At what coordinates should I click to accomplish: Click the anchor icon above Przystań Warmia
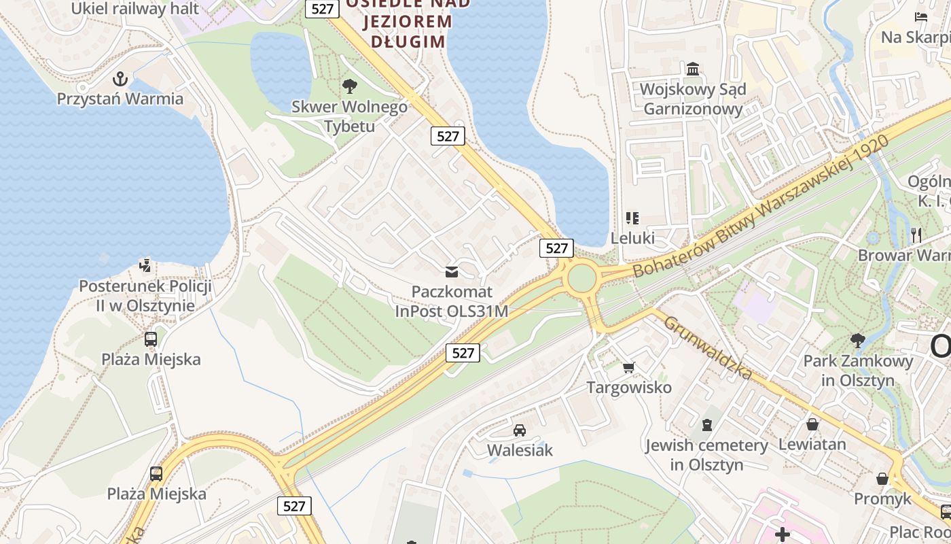(x=120, y=79)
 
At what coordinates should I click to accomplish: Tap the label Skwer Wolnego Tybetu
(x=349, y=116)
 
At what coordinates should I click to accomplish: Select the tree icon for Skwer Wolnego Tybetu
(x=350, y=86)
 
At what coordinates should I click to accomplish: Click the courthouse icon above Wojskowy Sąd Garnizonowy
(x=693, y=69)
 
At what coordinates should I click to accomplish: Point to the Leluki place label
(x=632, y=238)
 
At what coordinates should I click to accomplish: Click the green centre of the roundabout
(x=581, y=278)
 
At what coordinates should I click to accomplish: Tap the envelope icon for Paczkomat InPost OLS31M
(x=452, y=272)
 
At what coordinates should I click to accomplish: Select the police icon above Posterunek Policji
(x=145, y=265)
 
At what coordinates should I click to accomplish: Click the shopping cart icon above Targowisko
(x=629, y=367)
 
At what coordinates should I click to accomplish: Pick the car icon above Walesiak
(x=520, y=430)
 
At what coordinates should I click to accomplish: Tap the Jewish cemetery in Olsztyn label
(x=706, y=455)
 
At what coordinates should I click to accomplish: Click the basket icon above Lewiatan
(x=812, y=424)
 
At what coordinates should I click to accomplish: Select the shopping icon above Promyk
(x=882, y=479)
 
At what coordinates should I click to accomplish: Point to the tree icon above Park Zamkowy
(x=858, y=340)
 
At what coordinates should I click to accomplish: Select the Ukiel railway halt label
(x=135, y=9)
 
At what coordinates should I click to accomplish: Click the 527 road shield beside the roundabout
(x=556, y=248)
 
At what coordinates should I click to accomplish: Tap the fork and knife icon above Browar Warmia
(x=916, y=235)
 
